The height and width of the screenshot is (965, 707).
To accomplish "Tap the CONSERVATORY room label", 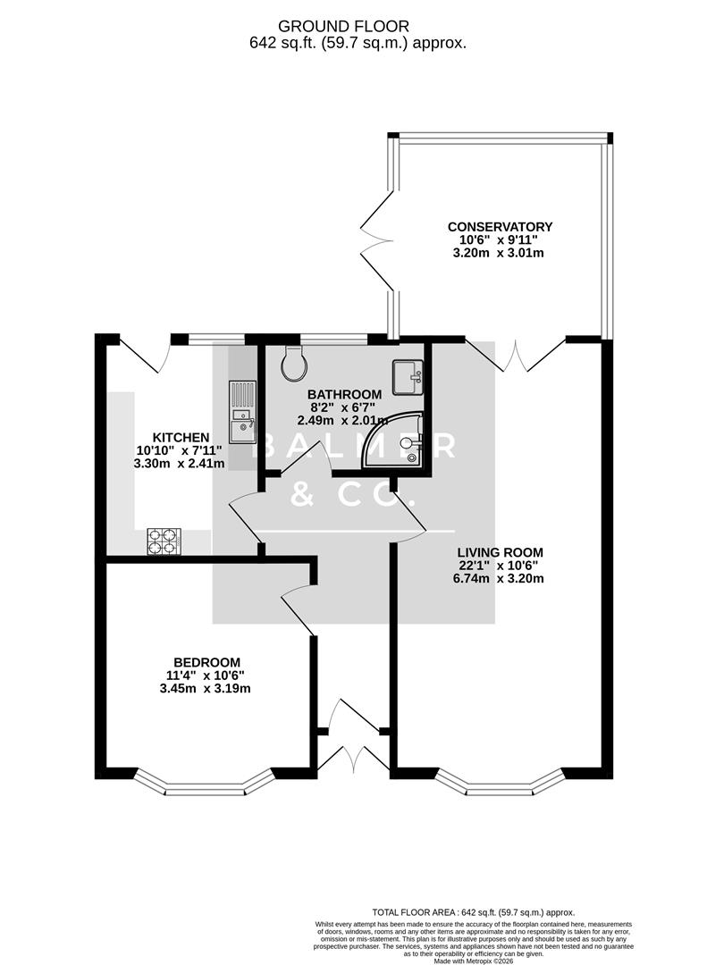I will (500, 227).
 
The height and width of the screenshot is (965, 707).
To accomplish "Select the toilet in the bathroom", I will (294, 363).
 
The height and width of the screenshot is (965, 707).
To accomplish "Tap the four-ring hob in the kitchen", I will (164, 541).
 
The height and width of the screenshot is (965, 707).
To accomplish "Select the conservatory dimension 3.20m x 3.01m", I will (500, 253).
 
